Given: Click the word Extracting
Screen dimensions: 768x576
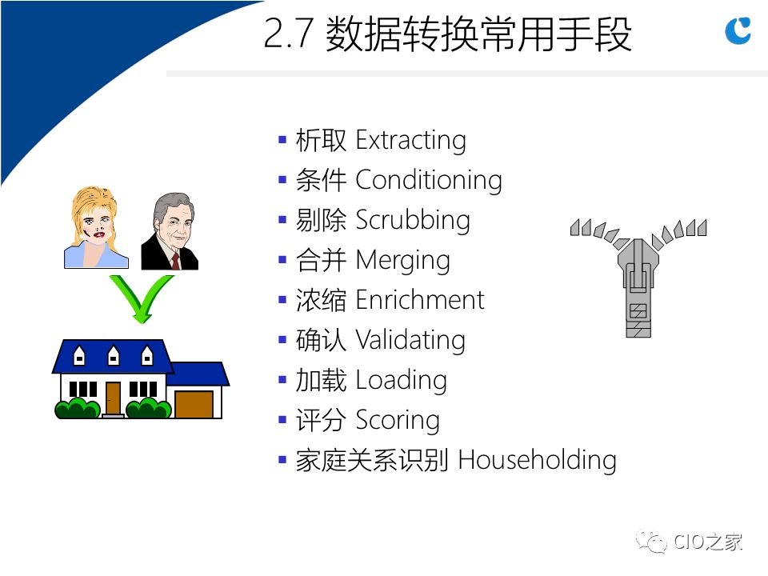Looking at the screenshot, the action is pos(410,141).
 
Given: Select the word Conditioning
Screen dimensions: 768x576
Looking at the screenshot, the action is pos(429,180).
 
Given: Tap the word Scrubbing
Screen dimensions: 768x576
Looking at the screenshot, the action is pos(413,220).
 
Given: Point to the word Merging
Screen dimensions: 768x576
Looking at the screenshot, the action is pos(402,261).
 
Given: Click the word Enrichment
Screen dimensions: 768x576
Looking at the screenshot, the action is pos(420,300).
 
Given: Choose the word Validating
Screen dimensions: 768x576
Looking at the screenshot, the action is pos(410,340).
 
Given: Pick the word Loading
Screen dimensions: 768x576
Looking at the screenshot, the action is pos(401,380).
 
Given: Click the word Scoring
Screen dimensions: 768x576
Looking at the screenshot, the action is pos(398,420).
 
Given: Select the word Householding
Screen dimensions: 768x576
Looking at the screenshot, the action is pos(537,461).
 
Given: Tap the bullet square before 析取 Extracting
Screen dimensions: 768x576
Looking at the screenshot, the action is pos(282,139).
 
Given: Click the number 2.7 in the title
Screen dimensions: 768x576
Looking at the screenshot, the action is pos(288,34).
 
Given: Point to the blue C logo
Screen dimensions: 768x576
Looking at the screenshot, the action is pos(738,30).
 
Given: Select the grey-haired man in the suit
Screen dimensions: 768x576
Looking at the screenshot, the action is pos(170,231).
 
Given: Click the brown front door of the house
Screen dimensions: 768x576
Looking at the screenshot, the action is pos(113,398).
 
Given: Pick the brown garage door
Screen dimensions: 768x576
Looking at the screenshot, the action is pos(194,405).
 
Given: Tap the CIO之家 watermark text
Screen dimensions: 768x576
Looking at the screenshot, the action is pos(708,542).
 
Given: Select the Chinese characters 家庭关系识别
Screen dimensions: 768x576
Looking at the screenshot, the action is pos(372,461).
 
